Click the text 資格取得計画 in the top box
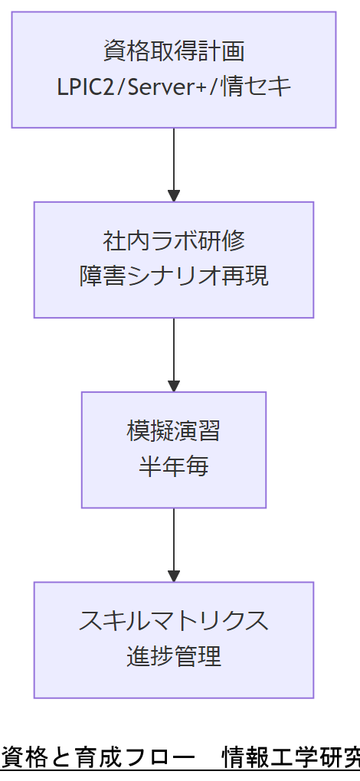[x=174, y=52]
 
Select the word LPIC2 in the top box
[x=85, y=87]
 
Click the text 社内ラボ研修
[x=174, y=241]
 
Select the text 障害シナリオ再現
[x=174, y=276]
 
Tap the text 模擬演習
[x=174, y=431]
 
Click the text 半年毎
[x=174, y=466]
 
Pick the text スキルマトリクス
[x=174, y=621]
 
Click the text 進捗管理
[x=174, y=656]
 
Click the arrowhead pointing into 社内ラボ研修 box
[x=174, y=195]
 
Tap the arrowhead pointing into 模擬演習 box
[x=174, y=385]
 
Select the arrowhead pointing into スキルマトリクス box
[x=174, y=575]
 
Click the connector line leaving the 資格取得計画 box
[x=174, y=157]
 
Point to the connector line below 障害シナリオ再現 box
[x=174, y=348]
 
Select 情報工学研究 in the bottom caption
[x=290, y=757]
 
